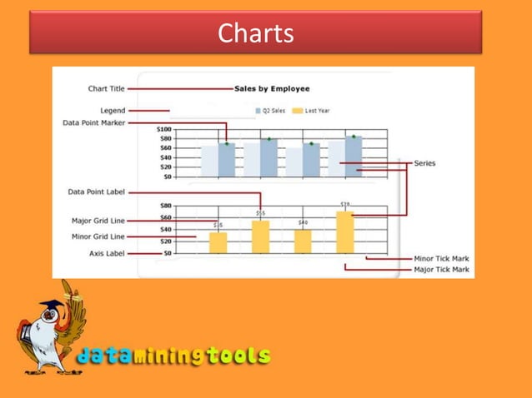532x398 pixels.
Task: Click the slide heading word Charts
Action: [255, 33]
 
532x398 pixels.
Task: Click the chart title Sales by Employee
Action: [271, 88]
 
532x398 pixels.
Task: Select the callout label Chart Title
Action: [106, 88]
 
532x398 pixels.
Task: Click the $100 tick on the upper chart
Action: [163, 130]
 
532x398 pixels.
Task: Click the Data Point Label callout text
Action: [97, 192]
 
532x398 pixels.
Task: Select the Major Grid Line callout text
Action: [98, 221]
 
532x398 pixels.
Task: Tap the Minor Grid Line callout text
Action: [98, 236]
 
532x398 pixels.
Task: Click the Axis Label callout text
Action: [106, 253]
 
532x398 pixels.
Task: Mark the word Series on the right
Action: [424, 163]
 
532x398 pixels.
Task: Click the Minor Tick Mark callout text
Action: [441, 259]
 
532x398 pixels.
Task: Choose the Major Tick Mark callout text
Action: [441, 269]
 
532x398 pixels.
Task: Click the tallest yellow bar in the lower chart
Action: [345, 232]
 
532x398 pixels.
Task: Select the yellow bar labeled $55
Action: [260, 236]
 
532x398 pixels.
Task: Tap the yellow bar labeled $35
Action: [218, 242]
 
